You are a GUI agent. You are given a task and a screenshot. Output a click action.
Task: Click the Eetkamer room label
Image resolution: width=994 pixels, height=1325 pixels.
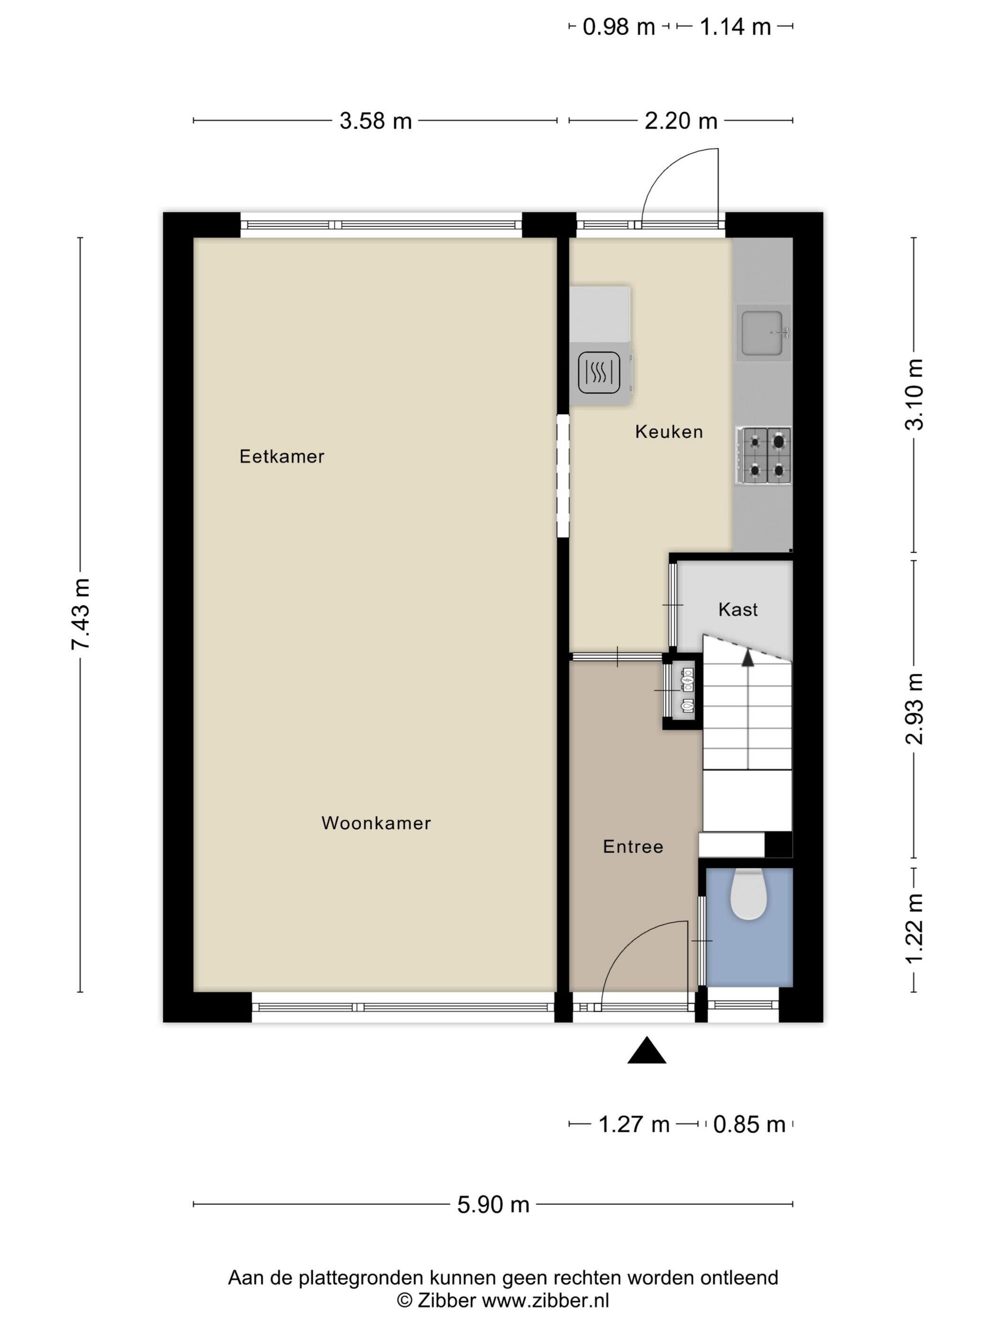282,457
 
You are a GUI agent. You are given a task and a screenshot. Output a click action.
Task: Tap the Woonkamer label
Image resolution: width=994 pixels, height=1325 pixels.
376,822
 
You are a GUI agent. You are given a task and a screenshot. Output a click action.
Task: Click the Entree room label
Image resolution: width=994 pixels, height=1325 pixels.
633,847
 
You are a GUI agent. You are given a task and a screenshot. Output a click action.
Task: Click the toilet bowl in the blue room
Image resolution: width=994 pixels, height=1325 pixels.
749,894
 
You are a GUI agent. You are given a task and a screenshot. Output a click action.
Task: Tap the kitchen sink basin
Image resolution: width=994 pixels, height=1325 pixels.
763,333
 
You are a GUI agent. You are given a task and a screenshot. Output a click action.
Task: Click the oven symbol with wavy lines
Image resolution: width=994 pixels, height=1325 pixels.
599,372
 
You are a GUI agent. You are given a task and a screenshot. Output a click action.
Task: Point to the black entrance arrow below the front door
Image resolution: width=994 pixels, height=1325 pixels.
647,1050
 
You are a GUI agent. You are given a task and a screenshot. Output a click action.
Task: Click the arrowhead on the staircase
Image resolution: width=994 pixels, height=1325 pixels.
748,658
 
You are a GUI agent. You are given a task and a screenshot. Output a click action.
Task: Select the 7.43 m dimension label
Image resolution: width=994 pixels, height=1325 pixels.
80,613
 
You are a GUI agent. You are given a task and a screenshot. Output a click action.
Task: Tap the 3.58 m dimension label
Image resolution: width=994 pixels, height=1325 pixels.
376,121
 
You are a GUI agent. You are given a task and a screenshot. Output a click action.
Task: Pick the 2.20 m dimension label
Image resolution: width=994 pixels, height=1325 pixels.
681,121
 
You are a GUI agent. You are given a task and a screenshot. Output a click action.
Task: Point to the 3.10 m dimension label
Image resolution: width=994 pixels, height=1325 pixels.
914,395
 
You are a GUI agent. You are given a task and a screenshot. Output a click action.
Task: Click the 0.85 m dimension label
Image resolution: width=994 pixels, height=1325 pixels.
749,1125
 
